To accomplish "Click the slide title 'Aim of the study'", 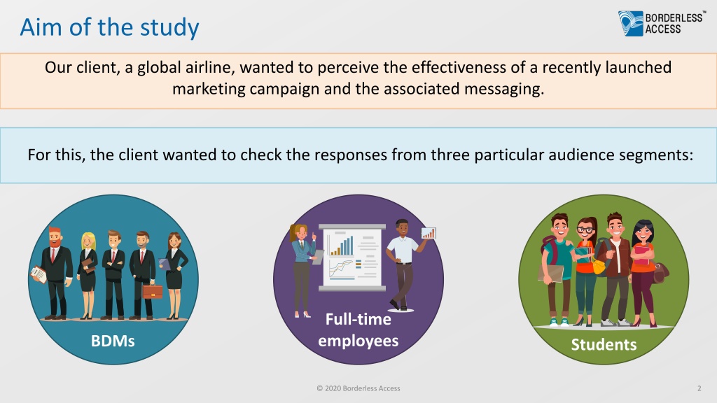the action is [110, 27].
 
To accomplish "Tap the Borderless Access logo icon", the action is [631, 23].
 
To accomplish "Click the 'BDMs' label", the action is [113, 341].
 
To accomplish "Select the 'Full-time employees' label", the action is [358, 330].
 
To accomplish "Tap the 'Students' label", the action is [604, 344].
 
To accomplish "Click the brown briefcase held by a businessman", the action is [153, 291].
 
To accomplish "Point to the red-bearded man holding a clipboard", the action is [54, 273].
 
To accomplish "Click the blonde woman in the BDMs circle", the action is [88, 275].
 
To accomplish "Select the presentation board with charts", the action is [352, 257].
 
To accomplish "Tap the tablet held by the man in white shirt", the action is [429, 233].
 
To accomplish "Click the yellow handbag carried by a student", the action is [599, 266].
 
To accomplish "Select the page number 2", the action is [699, 388].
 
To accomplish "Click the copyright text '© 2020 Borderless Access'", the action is [358, 388].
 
